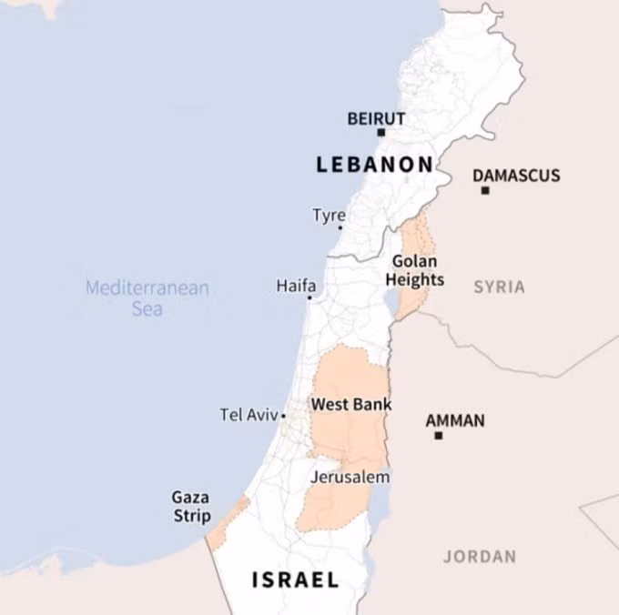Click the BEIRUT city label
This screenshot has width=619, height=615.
376,118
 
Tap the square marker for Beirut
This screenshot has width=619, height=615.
381,133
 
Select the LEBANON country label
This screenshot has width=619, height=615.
374,165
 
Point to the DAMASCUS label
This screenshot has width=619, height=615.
516,176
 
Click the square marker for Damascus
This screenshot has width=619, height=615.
485,191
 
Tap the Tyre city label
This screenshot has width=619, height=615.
329,216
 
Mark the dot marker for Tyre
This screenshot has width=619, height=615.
340,227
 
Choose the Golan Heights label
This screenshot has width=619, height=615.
415,270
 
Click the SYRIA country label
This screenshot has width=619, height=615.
499,287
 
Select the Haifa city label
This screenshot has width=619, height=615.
296,286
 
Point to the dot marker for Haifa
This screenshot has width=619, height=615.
309,297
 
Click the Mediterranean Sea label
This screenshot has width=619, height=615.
147,298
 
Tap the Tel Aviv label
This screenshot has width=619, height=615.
249,415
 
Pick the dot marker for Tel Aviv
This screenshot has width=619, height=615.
283,417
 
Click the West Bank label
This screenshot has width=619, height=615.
351,404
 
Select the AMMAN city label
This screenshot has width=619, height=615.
455,421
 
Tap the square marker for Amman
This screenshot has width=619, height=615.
438,436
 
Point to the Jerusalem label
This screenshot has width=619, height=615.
350,477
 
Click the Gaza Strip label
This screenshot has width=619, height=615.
191,507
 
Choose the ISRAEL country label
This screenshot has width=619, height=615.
295,580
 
